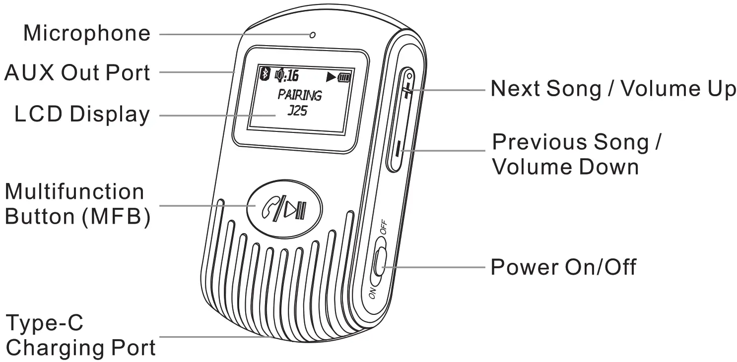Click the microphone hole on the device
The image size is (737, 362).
coord(312,35)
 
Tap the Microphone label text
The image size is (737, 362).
coord(86,34)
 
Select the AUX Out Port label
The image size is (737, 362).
coord(77,73)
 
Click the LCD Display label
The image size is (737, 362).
coord(82,115)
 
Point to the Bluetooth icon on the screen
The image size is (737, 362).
coord(265,75)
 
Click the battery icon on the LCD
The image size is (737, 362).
coord(344,77)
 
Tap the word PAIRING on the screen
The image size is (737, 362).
coord(299,94)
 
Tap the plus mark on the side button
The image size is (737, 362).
coord(407,91)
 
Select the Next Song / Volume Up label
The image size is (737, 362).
coord(613,89)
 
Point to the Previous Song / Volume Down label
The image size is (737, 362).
coord(576,155)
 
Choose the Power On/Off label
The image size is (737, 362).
coord(563,267)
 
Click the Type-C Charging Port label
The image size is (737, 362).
coord(79,336)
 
